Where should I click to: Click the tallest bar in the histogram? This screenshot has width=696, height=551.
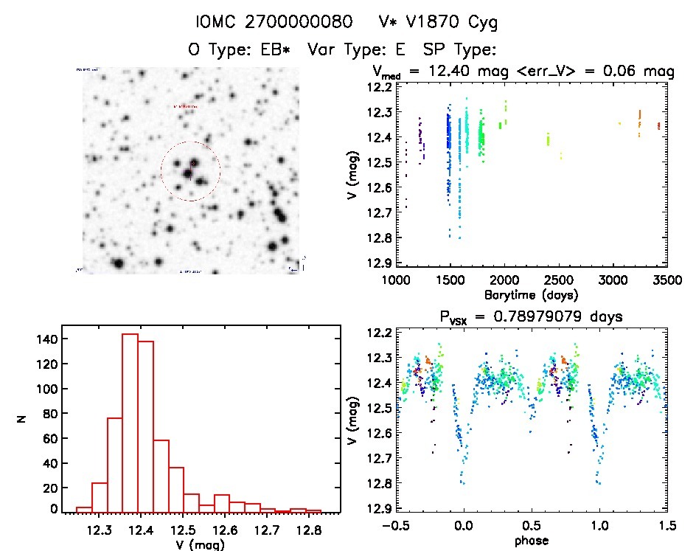[x=130, y=422]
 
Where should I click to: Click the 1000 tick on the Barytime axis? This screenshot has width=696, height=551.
[x=396, y=280]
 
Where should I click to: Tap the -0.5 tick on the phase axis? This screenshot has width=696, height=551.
[x=391, y=527]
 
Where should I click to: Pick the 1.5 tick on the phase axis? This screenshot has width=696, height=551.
[x=666, y=527]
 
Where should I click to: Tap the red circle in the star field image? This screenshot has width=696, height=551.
[x=190, y=171]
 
